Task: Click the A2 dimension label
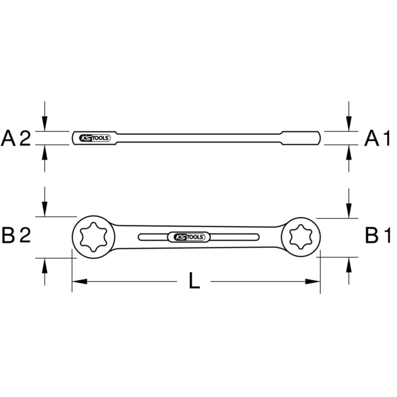(x=16, y=138)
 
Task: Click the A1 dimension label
(x=377, y=138)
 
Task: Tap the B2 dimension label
(x=16, y=235)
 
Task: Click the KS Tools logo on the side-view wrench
(x=95, y=138)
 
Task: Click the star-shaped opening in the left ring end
(x=94, y=237)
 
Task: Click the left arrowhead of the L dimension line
(x=79, y=282)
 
